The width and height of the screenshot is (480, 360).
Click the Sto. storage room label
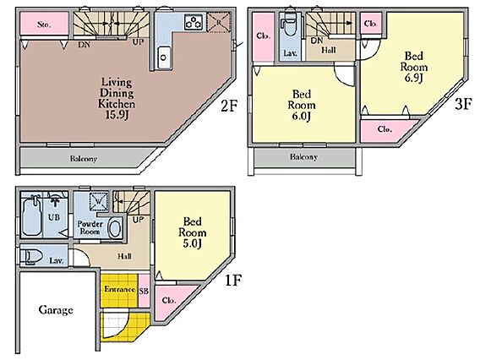coord(44,25)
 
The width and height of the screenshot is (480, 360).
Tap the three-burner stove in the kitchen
coord(194,22)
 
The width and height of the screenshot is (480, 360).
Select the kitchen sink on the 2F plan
coord(164,57)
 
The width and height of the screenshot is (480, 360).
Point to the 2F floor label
coord(229,106)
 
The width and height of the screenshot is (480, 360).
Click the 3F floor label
coord(463,104)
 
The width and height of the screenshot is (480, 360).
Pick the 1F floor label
coord(233,280)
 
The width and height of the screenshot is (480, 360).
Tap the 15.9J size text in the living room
coord(117,115)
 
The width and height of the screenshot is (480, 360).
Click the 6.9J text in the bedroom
coord(413,78)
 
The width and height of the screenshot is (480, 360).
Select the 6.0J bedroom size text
coord(301,116)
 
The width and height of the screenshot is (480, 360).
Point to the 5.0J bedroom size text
coord(192,243)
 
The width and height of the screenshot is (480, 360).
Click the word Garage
coord(56,310)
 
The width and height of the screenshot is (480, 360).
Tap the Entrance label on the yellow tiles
coord(119,289)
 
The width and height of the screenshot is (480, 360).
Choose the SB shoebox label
coord(144,291)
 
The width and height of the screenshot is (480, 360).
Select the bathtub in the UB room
coord(31,215)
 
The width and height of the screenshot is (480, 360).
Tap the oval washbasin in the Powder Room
coord(115,228)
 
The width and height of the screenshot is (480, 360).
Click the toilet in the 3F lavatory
coord(289,26)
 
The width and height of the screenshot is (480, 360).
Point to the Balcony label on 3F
coord(303,157)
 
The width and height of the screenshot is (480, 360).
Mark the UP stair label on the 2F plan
coord(138,42)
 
